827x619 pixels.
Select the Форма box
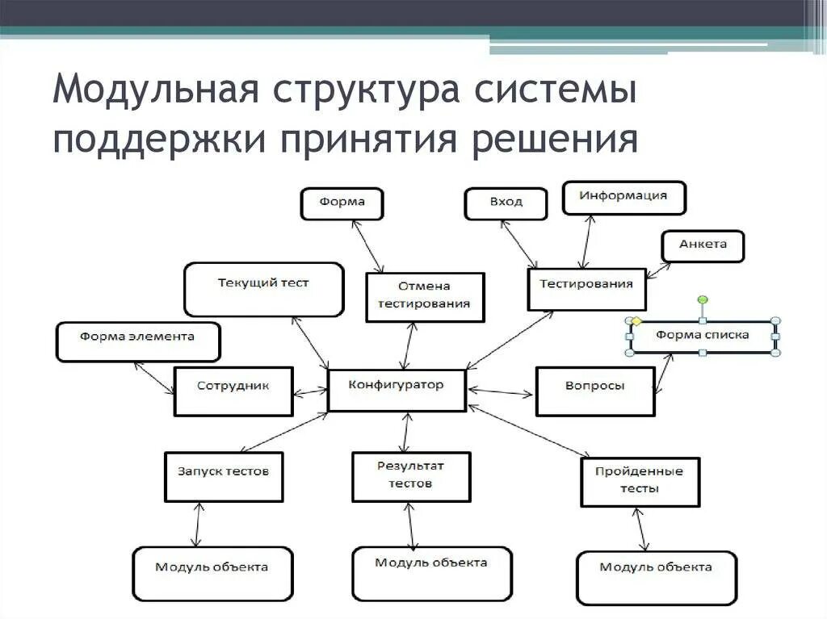tap(342, 203)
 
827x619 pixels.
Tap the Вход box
tap(506, 203)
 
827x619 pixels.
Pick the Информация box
tap(623, 197)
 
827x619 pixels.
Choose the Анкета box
tap(703, 246)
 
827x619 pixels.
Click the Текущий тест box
tap(263, 289)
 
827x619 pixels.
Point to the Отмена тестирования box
tap(425, 296)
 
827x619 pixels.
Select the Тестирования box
tap(586, 289)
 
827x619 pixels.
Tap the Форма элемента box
tap(137, 342)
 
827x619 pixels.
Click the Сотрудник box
tap(233, 391)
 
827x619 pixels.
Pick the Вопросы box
tap(594, 391)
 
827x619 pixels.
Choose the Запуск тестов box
tap(224, 476)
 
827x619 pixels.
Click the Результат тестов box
tap(410, 476)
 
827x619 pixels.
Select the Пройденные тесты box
tap(640, 482)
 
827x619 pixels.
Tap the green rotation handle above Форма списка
tap(703, 300)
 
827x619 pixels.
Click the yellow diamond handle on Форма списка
tap(635, 320)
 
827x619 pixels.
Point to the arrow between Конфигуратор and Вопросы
tap(501, 392)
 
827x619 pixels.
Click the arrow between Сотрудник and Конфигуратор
tap(309, 393)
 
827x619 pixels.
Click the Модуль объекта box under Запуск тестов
tap(212, 573)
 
